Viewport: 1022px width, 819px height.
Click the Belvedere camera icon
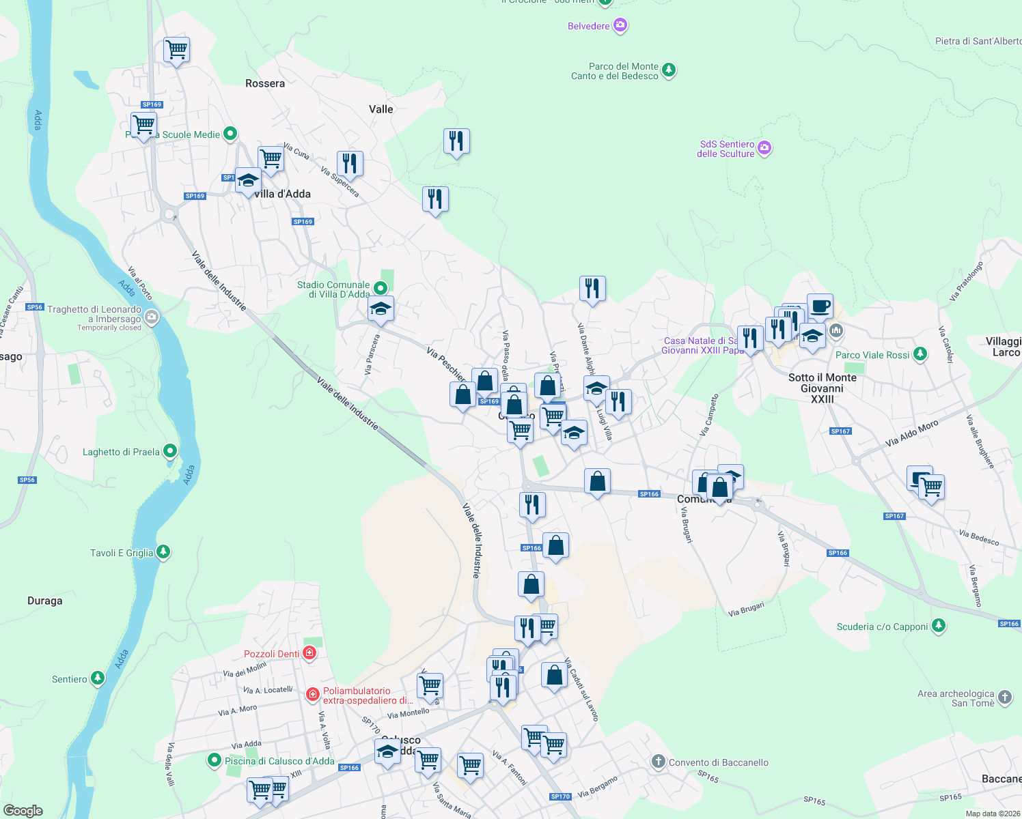click(x=620, y=26)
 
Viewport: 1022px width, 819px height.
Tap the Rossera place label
click(x=265, y=83)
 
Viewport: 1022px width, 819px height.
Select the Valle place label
click(x=381, y=109)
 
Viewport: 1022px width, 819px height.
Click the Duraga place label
click(x=45, y=601)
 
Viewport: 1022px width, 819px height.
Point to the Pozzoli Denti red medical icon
click(x=310, y=653)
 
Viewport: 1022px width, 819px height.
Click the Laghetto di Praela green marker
click(x=171, y=451)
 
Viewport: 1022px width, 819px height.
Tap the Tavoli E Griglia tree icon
click(x=163, y=552)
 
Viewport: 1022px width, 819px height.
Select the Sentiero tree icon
click(x=98, y=678)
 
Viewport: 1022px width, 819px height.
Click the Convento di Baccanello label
click(x=718, y=762)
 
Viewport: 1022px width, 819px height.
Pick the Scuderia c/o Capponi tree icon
click(x=939, y=626)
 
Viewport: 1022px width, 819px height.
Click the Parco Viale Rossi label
click(x=872, y=355)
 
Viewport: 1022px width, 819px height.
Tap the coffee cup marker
click(x=820, y=306)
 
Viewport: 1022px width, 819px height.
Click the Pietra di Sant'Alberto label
click(x=978, y=41)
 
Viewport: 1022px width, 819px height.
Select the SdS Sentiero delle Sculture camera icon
click(x=764, y=148)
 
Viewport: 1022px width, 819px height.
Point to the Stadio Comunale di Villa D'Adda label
click(x=333, y=289)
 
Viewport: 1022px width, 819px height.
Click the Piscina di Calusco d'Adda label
click(x=279, y=761)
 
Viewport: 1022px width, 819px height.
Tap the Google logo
click(x=23, y=810)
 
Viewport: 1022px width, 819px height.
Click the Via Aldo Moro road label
click(x=912, y=433)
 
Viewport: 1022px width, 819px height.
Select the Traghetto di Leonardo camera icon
click(x=152, y=317)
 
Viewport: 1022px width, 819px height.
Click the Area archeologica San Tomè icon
click(x=1005, y=698)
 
